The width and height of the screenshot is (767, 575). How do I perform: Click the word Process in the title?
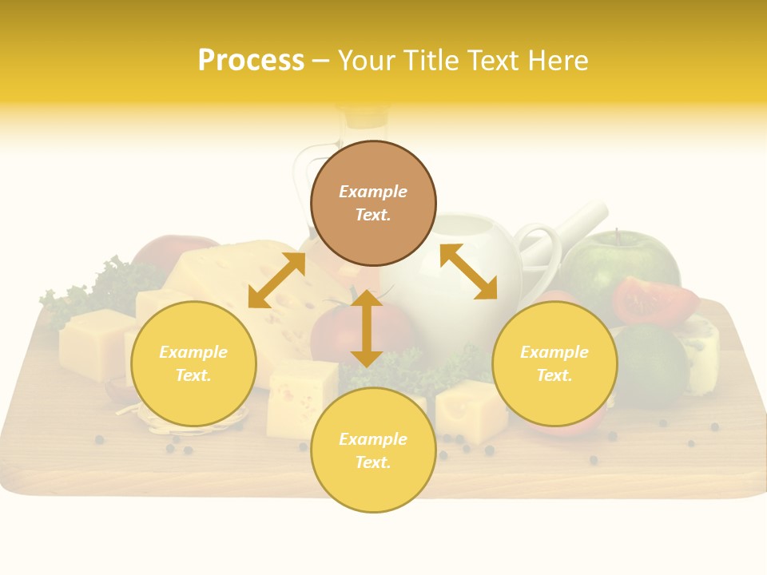[251, 61]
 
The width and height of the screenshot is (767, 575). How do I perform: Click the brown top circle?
[373, 203]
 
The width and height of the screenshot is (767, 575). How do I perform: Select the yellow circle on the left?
[193, 363]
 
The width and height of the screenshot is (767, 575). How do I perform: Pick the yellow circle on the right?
[554, 363]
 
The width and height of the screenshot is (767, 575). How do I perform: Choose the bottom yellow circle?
[373, 450]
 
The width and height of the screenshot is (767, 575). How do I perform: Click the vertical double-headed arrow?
[367, 328]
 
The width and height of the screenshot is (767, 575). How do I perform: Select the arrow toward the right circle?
[468, 272]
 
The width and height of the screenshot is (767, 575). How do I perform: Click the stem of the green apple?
[615, 237]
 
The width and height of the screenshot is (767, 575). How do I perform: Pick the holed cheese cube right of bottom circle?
[471, 410]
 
